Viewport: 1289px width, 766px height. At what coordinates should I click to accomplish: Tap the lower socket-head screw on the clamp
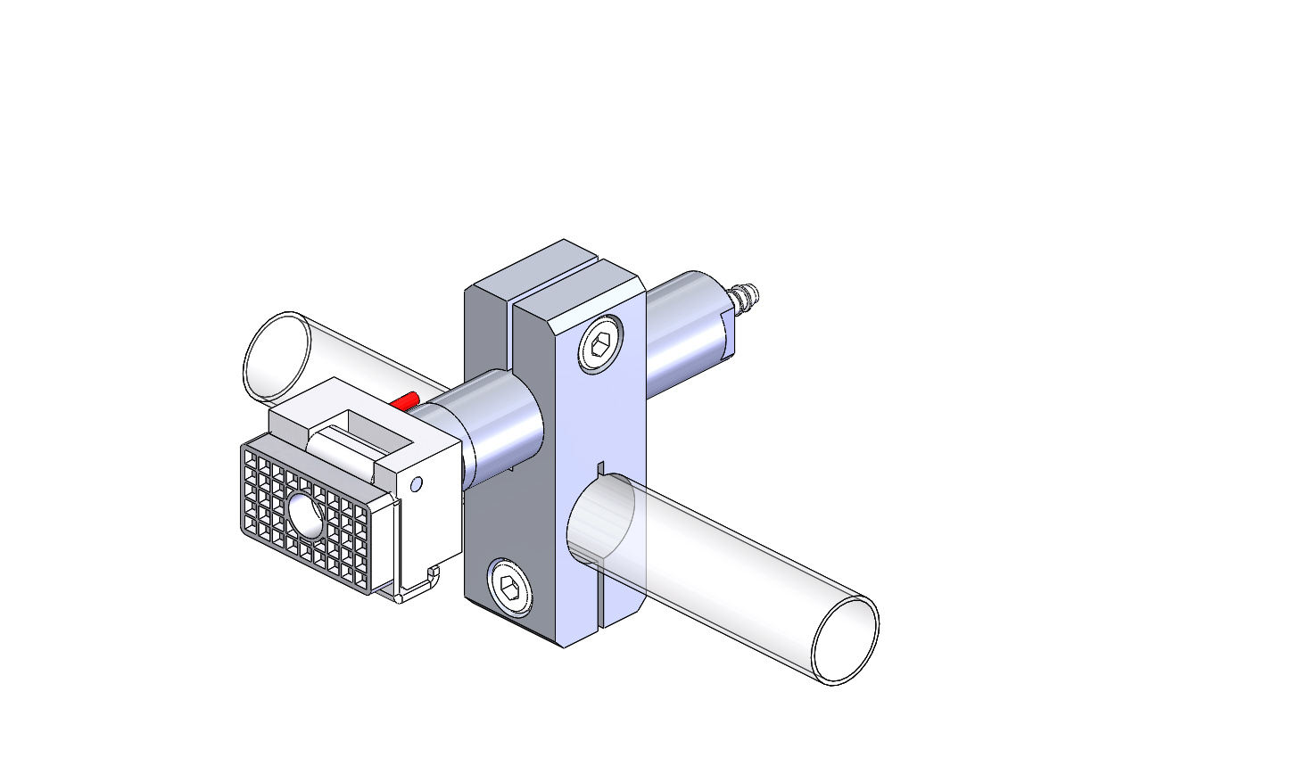click(x=509, y=587)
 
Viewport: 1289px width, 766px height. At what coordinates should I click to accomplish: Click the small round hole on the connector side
click(x=415, y=484)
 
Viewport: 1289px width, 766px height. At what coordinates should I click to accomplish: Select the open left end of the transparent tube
click(x=276, y=356)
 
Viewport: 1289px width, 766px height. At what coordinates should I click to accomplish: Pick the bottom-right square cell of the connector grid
click(x=360, y=579)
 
